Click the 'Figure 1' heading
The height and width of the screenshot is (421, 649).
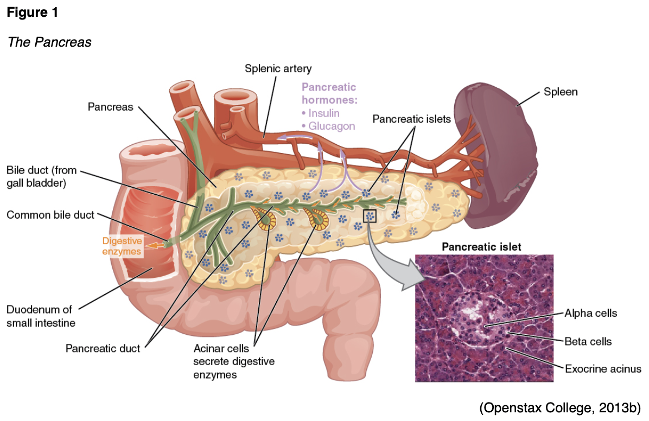point(32,13)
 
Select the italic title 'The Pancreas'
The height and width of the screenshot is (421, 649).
point(49,42)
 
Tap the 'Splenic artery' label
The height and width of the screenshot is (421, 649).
point(278,68)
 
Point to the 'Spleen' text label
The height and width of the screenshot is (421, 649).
point(561,92)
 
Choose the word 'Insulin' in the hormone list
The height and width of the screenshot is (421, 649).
point(323,113)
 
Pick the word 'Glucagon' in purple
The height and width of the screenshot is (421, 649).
point(332,126)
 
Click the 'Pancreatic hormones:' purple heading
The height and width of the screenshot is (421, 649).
point(329,93)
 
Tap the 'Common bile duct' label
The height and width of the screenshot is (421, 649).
point(50,215)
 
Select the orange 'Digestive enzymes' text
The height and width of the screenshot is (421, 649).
point(122,245)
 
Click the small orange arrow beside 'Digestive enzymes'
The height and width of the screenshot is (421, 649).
point(158,245)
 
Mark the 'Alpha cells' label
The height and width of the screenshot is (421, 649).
point(591,313)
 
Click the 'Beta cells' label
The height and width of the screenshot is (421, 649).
point(588,341)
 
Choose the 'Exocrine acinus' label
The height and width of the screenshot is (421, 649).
point(603,369)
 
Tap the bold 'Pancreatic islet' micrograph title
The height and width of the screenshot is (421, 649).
point(481,247)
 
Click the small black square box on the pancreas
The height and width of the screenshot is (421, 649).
point(370,216)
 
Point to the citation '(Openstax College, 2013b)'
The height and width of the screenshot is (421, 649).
point(560,407)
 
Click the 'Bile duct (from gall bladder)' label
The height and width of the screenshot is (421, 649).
point(42,177)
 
